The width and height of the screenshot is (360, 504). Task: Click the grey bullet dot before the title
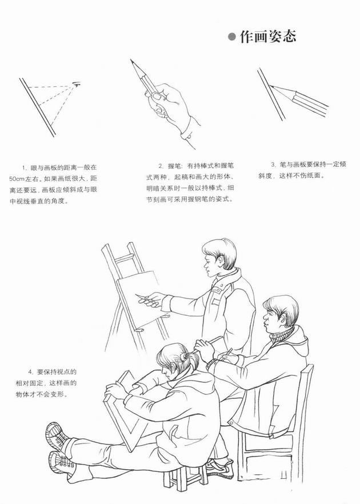pos(231,37)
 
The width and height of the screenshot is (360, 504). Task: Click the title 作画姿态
pos(268,37)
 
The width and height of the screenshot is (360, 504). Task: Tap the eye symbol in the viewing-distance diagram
pos(77,84)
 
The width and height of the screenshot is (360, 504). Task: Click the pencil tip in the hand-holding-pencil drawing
pos(131,60)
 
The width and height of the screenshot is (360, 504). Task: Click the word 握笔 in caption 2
pos(174,166)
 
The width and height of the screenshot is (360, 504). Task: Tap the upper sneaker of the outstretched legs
pos(58,437)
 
